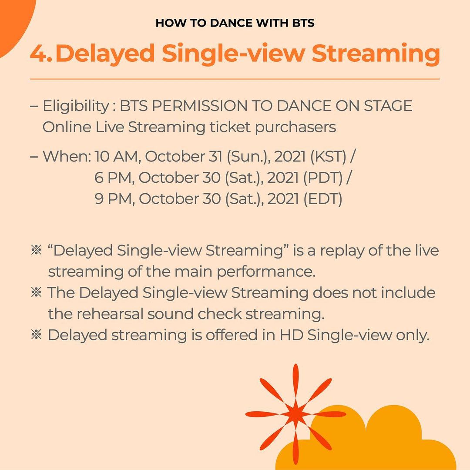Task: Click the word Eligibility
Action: click(76, 107)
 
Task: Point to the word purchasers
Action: click(295, 128)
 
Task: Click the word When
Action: click(67, 157)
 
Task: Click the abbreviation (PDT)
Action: click(322, 178)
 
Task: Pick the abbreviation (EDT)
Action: click(322, 199)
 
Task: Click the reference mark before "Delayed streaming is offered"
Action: click(36, 335)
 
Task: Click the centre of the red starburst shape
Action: click(295, 414)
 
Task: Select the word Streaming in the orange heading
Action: click(376, 54)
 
